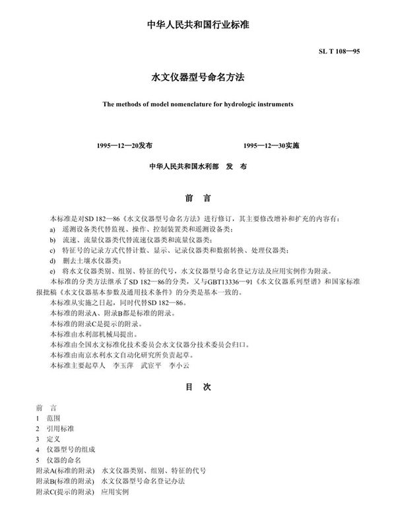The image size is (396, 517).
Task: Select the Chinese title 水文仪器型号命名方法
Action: click(198, 77)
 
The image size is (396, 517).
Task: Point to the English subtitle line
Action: click(198, 104)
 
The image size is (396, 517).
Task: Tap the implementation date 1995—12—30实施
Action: click(271, 145)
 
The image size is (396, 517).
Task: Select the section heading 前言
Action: click(198, 197)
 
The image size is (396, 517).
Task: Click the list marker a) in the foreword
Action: click(52, 228)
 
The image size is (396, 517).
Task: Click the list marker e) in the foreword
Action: click(52, 272)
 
